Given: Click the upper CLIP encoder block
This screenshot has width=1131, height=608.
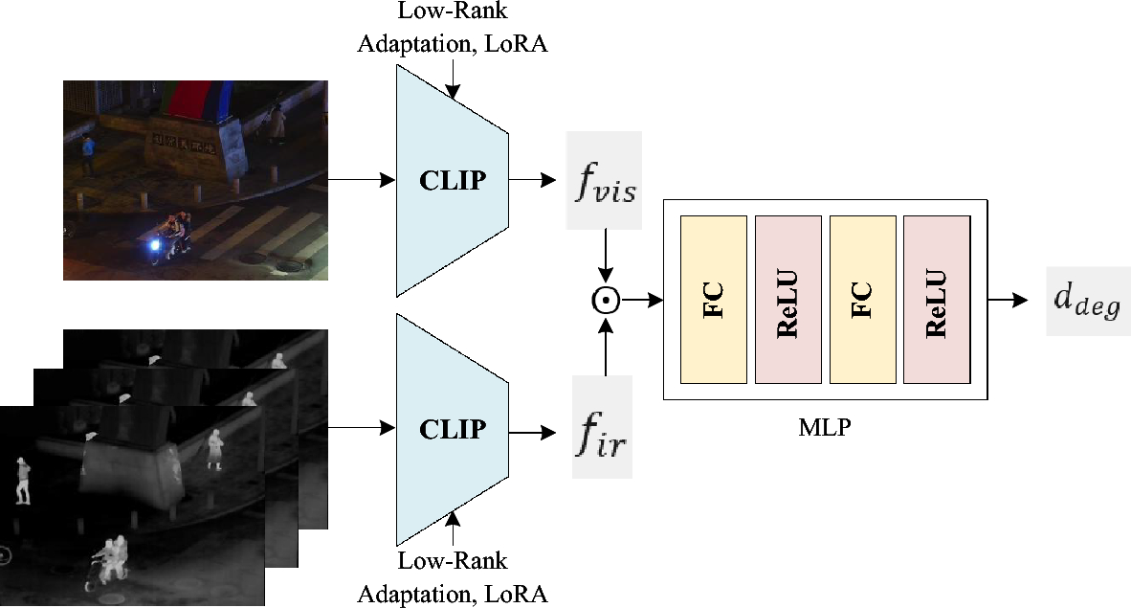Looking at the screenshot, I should [x=451, y=180].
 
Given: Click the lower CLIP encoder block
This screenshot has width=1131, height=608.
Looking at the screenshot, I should [x=451, y=430].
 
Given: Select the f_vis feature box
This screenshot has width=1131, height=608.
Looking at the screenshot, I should [x=604, y=180].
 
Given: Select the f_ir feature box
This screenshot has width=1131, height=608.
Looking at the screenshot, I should [x=602, y=427].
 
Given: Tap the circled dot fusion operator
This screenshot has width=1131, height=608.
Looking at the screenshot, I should [x=605, y=301].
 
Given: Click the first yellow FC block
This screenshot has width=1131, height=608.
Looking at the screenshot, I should [x=713, y=300].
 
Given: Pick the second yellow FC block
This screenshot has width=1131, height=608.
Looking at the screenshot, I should [x=862, y=300].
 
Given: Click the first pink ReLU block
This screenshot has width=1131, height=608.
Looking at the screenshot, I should [x=787, y=300].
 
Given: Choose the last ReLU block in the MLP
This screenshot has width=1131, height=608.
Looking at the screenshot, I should [x=936, y=300].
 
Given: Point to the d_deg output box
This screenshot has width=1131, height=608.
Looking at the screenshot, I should [x=1088, y=300].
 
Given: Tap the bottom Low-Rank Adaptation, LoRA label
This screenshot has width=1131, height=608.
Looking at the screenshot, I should [x=453, y=577].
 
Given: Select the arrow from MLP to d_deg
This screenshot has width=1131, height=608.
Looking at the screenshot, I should [x=1009, y=300].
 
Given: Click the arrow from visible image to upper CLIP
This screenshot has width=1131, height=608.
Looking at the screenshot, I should [x=362, y=180].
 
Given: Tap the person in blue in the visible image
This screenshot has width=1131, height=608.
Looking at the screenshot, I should [x=88, y=153].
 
